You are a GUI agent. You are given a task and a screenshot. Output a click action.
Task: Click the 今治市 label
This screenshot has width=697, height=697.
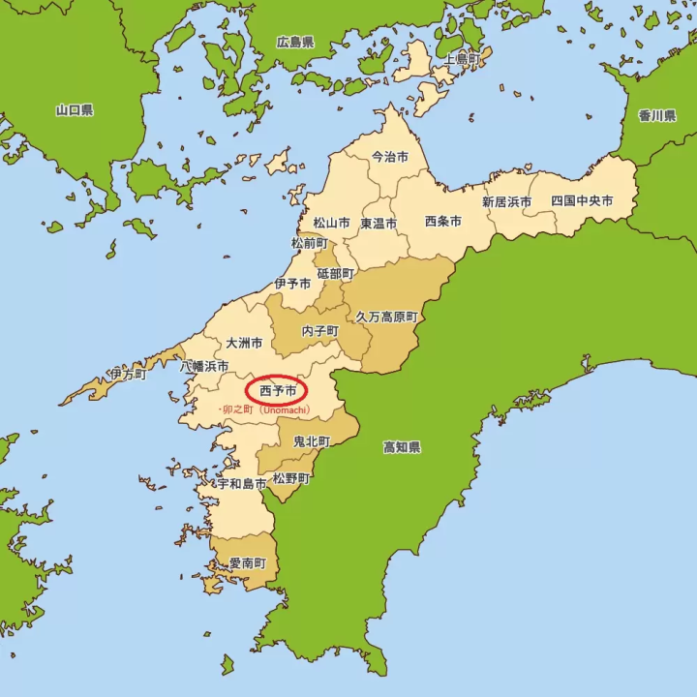tap(390, 156)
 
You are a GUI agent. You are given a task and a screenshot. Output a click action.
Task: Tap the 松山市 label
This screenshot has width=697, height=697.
tap(330, 223)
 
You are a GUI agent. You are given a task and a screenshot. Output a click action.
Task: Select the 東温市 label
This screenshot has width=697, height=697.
tap(379, 223)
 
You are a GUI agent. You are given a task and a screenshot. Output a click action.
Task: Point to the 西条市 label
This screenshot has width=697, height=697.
tap(442, 221)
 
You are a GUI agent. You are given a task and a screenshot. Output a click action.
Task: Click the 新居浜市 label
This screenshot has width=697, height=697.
tap(507, 202)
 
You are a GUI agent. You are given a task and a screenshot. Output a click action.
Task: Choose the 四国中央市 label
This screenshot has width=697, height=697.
tap(582, 201)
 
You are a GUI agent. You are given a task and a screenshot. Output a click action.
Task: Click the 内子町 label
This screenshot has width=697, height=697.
tap(319, 330)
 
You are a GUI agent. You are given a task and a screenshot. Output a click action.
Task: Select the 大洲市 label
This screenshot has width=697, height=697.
tap(244, 343)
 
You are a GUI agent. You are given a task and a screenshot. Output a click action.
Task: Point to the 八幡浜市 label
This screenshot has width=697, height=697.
tap(204, 367)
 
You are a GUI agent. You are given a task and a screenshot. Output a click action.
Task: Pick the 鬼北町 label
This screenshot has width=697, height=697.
tap(311, 441)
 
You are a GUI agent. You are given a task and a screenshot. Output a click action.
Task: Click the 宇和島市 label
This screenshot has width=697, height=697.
tap(242, 482)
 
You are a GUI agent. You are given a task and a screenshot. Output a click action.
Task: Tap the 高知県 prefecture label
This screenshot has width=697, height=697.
tap(402, 447)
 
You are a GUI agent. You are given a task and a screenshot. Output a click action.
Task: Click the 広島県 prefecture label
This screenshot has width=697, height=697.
tap(295, 43)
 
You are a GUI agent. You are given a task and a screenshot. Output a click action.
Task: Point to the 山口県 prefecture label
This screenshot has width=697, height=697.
tap(75, 110)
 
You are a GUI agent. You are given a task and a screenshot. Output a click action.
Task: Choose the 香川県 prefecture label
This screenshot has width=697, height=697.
tap(656, 115)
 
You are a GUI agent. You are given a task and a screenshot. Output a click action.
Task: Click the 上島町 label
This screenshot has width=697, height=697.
tap(462, 59)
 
